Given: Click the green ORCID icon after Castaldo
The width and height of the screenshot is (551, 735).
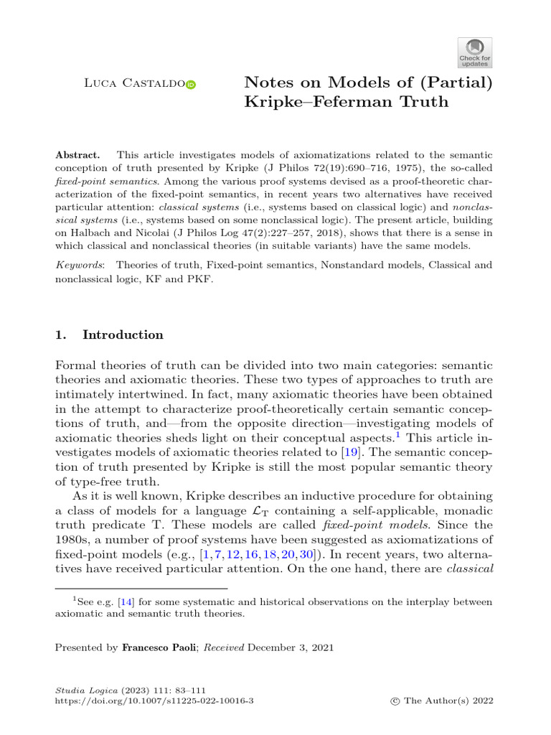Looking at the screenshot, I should (191, 85).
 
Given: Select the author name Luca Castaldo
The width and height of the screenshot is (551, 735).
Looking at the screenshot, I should (134, 85).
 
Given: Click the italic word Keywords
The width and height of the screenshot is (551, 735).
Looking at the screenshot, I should (79, 266).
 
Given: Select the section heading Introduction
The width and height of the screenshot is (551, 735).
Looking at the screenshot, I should (123, 335).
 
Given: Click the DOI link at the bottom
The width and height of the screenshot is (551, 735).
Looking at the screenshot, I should (154, 699).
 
